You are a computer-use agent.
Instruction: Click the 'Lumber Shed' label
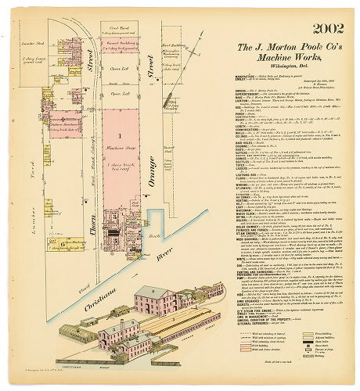coord(33,44)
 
